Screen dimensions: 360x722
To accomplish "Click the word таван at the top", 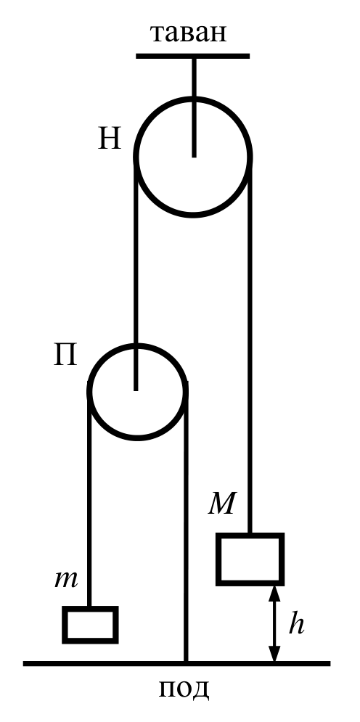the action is [189, 34].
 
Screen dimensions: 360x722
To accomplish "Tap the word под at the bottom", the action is [184, 689].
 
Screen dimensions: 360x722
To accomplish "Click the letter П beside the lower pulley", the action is [65, 356].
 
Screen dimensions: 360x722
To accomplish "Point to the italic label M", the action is [222, 504].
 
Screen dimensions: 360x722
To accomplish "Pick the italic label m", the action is [66, 579].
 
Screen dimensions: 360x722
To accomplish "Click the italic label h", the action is [296, 624].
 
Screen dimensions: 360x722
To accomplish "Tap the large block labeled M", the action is [250, 559].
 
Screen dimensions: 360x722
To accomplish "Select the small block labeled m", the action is [90, 625].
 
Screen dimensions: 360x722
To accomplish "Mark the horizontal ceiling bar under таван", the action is [192, 56].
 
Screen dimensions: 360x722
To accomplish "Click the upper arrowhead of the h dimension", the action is [274, 591].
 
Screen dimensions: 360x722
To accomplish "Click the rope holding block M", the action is [250, 345].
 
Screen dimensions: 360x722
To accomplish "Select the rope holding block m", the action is [89, 500].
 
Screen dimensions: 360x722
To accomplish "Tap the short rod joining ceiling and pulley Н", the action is [194, 107].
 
